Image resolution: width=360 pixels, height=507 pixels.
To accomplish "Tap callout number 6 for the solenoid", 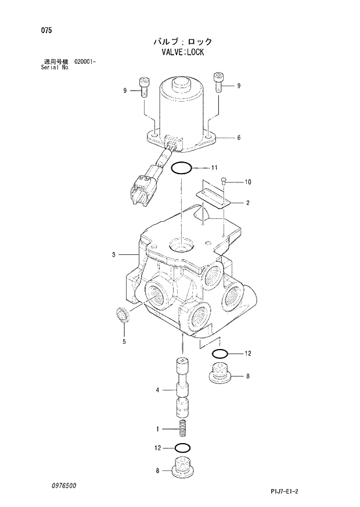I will pos(239,138).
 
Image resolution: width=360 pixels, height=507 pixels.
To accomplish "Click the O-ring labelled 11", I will pos(182,168).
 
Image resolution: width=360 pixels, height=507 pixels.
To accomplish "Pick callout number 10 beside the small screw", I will pos(248,182).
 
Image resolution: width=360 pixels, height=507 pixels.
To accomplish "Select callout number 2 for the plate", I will pos(248,203).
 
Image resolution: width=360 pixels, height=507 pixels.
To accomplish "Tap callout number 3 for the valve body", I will pos(114,254).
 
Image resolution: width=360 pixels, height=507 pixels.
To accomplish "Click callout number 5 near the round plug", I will pos(124,342).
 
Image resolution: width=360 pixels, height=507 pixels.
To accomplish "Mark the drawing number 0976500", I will pos(63,485).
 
